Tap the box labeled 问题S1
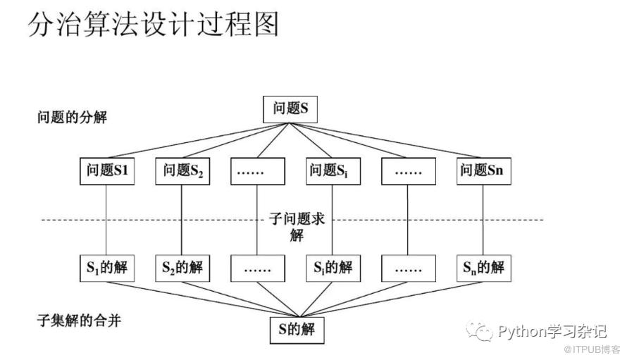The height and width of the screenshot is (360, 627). click(106, 170)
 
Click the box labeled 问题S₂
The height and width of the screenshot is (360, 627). click(182, 170)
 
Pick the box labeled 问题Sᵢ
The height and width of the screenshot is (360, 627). click(333, 170)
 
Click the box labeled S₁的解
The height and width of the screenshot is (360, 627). click(106, 267)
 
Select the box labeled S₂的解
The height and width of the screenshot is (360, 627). click(182, 267)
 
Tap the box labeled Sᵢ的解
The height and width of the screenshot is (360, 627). click(333, 267)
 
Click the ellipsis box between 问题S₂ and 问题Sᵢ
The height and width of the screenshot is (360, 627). click(257, 170)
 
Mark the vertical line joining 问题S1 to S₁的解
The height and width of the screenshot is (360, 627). click(106, 218)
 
